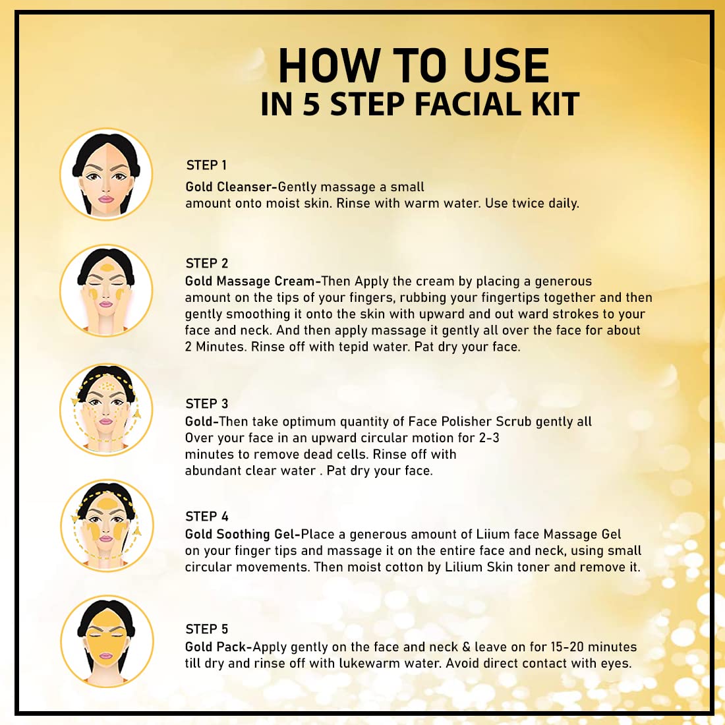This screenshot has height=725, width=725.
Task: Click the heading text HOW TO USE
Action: pos(414,66)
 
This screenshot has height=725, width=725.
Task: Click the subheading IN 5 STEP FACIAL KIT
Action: pos(420,104)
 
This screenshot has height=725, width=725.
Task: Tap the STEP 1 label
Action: pos(206,165)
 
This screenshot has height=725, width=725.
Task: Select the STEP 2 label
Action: pos(207,263)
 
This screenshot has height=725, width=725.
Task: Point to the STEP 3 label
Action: pos(207,403)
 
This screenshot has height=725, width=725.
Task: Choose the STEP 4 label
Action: pos(207,517)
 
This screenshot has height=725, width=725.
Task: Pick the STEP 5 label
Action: pos(207,629)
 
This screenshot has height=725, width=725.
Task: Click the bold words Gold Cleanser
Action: pos(229,187)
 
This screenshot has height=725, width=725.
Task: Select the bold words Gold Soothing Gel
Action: pos(239,534)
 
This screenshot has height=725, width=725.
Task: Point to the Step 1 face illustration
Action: pos(106,174)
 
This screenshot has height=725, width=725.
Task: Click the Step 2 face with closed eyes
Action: pos(106,291)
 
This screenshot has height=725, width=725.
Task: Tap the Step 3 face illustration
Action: pos(106,410)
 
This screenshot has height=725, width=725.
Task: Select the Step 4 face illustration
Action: pos(106,526)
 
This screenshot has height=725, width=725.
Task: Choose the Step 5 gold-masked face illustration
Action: pos(106,641)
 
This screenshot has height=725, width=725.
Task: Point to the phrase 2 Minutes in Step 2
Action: pos(216,346)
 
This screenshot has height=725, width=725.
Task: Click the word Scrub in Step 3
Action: pos(513,421)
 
